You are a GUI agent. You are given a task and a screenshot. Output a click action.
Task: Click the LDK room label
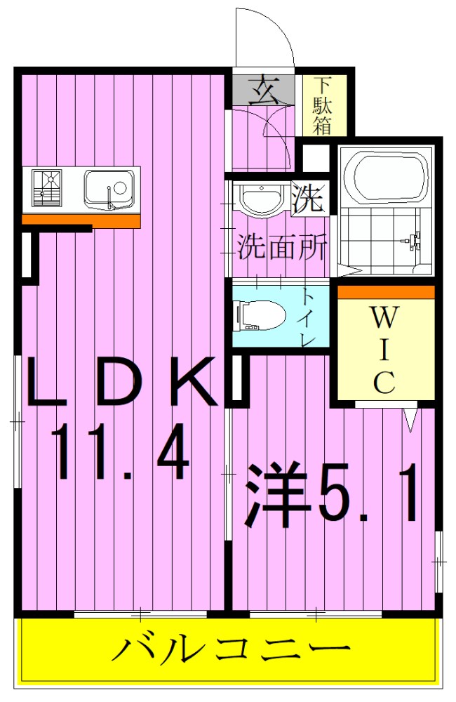pos(119,383)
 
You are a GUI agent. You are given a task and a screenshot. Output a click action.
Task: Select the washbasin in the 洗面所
pos(261,197)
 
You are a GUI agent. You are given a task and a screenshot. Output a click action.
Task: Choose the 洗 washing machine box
pos(308,199)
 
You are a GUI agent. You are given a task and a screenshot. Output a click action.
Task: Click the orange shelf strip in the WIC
pos(387,291)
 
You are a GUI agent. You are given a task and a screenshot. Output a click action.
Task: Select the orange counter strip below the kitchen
pos(81,220)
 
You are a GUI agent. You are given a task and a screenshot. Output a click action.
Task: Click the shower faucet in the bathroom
pos(413,242)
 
